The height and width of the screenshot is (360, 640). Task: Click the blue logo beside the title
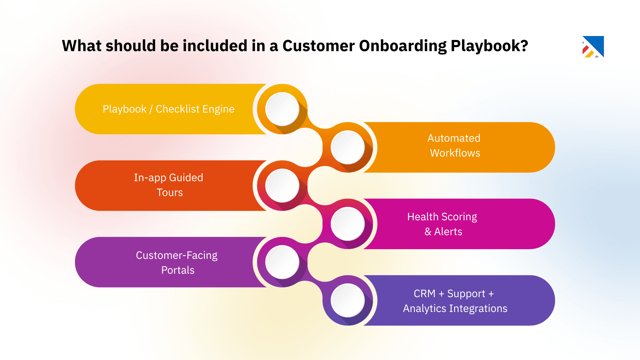click(593, 47)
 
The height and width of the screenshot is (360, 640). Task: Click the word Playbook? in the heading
click(489, 46)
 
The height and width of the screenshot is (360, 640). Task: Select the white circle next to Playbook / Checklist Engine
click(282, 109)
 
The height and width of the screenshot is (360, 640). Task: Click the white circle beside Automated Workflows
click(348, 147)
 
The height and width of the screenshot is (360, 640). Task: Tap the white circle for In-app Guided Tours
click(282, 186)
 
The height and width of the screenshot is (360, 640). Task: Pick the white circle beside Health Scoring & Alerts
click(348, 224)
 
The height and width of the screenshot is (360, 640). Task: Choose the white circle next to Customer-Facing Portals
click(282, 262)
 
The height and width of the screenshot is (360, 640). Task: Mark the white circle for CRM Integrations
click(348, 301)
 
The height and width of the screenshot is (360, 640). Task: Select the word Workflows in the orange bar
click(455, 153)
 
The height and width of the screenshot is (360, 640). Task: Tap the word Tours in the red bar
click(170, 193)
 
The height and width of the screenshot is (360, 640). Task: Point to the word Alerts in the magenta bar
click(448, 232)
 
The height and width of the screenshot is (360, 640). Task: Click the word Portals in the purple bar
click(178, 270)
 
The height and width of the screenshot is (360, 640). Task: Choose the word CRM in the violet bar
click(424, 294)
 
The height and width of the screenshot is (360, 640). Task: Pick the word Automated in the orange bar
click(454, 138)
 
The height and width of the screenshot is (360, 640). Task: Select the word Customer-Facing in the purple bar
click(177, 255)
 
